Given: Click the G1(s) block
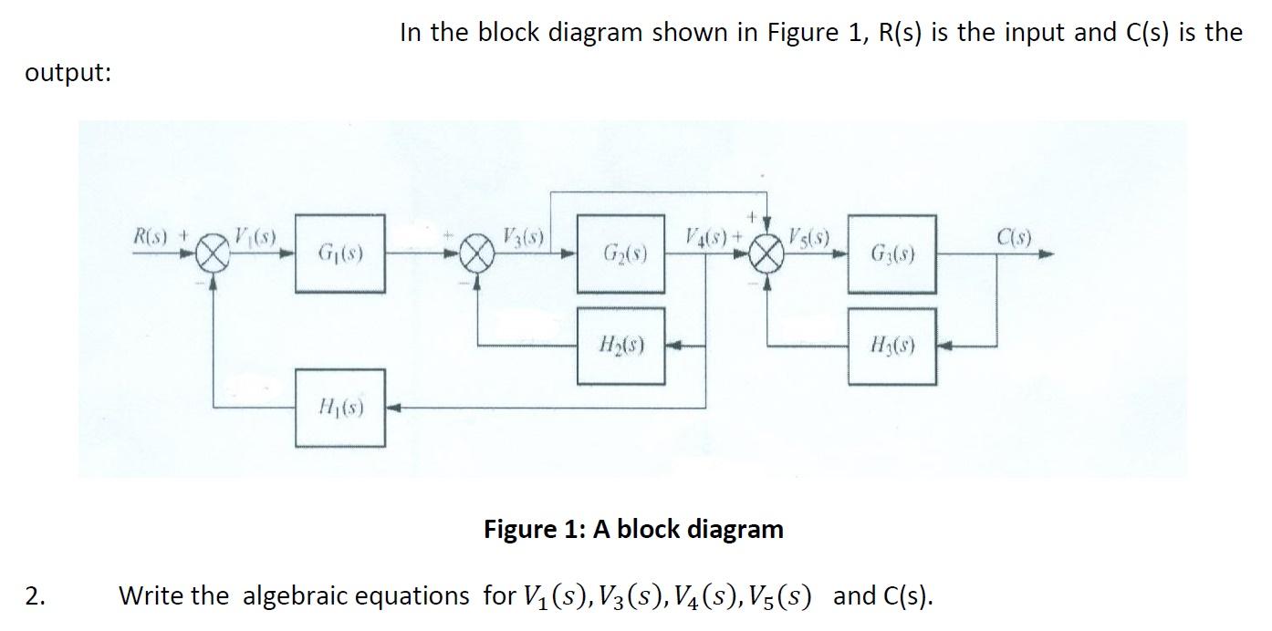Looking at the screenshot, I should [339, 253].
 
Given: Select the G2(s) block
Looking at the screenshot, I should [620, 253].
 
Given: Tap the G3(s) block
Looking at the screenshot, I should [891, 253].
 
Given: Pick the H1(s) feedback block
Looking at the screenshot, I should [339, 408].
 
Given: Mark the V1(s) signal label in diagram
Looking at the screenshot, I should [256, 236].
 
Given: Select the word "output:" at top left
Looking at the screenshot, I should [68, 74].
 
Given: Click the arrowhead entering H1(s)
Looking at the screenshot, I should [392, 408].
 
